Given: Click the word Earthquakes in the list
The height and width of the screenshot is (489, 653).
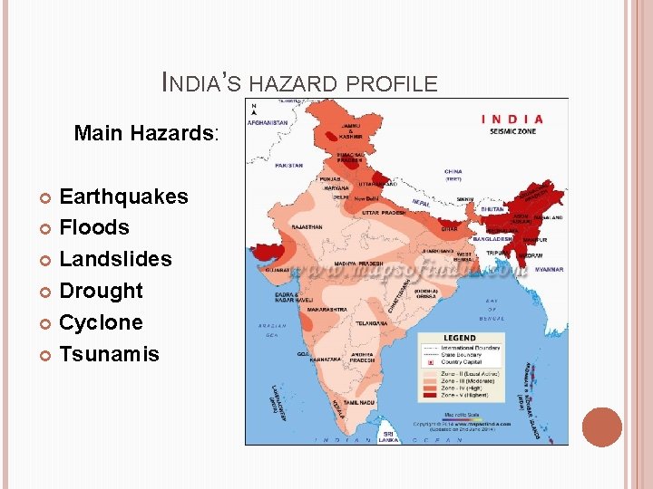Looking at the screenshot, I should pos(123,197).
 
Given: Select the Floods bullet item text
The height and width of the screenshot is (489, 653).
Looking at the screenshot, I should pos(94,227).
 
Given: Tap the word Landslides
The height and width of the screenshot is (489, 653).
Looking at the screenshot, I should pos(115,259).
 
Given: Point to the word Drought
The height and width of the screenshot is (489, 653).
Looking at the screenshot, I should pos(101,291).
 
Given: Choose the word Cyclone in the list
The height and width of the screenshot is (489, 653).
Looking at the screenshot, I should pos(101,322).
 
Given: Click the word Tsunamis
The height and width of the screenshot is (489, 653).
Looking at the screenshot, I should pos(109,354).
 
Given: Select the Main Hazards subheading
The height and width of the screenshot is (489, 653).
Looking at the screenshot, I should pos(146,134).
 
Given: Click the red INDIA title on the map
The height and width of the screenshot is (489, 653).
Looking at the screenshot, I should pos(512,119).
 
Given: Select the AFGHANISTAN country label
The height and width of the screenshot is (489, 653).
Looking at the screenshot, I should pos(269,122).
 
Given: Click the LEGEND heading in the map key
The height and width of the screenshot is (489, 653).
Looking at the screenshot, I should pos(458,337).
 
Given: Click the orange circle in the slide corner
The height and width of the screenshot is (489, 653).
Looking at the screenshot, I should pos(602,427).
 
